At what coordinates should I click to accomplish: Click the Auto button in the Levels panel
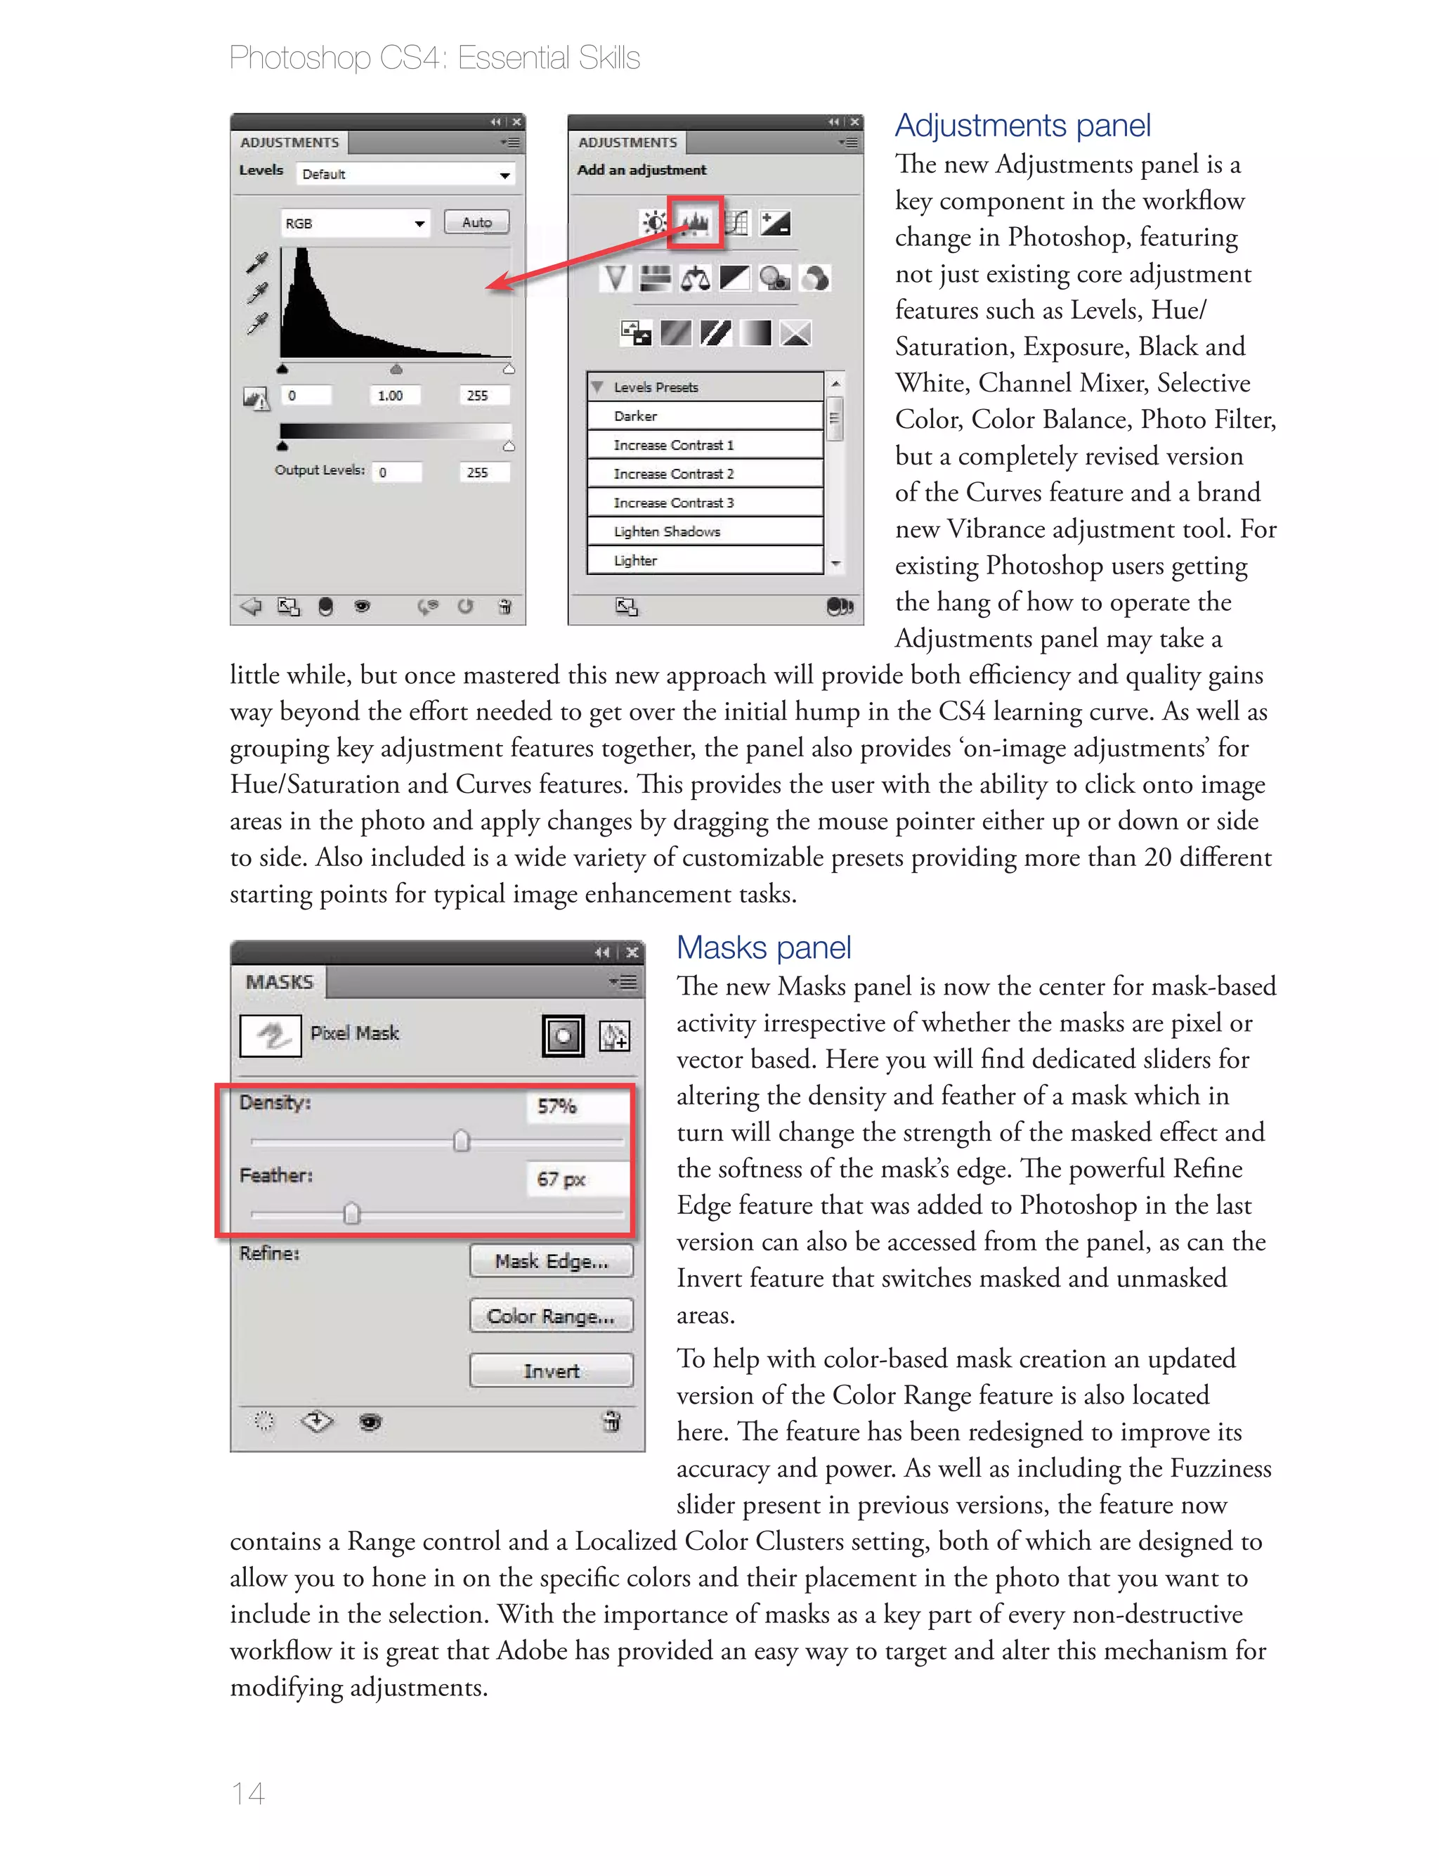(476, 223)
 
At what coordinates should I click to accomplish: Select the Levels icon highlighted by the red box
(695, 224)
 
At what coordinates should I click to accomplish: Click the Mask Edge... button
(551, 1261)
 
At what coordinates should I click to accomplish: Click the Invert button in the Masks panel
(551, 1371)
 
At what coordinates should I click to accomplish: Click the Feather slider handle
(351, 1214)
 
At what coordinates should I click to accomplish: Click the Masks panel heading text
(763, 948)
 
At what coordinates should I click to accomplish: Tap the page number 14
(247, 1794)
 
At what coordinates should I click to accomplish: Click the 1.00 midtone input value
(391, 396)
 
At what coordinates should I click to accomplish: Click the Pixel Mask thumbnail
(271, 1035)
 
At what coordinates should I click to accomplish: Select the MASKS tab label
(279, 983)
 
